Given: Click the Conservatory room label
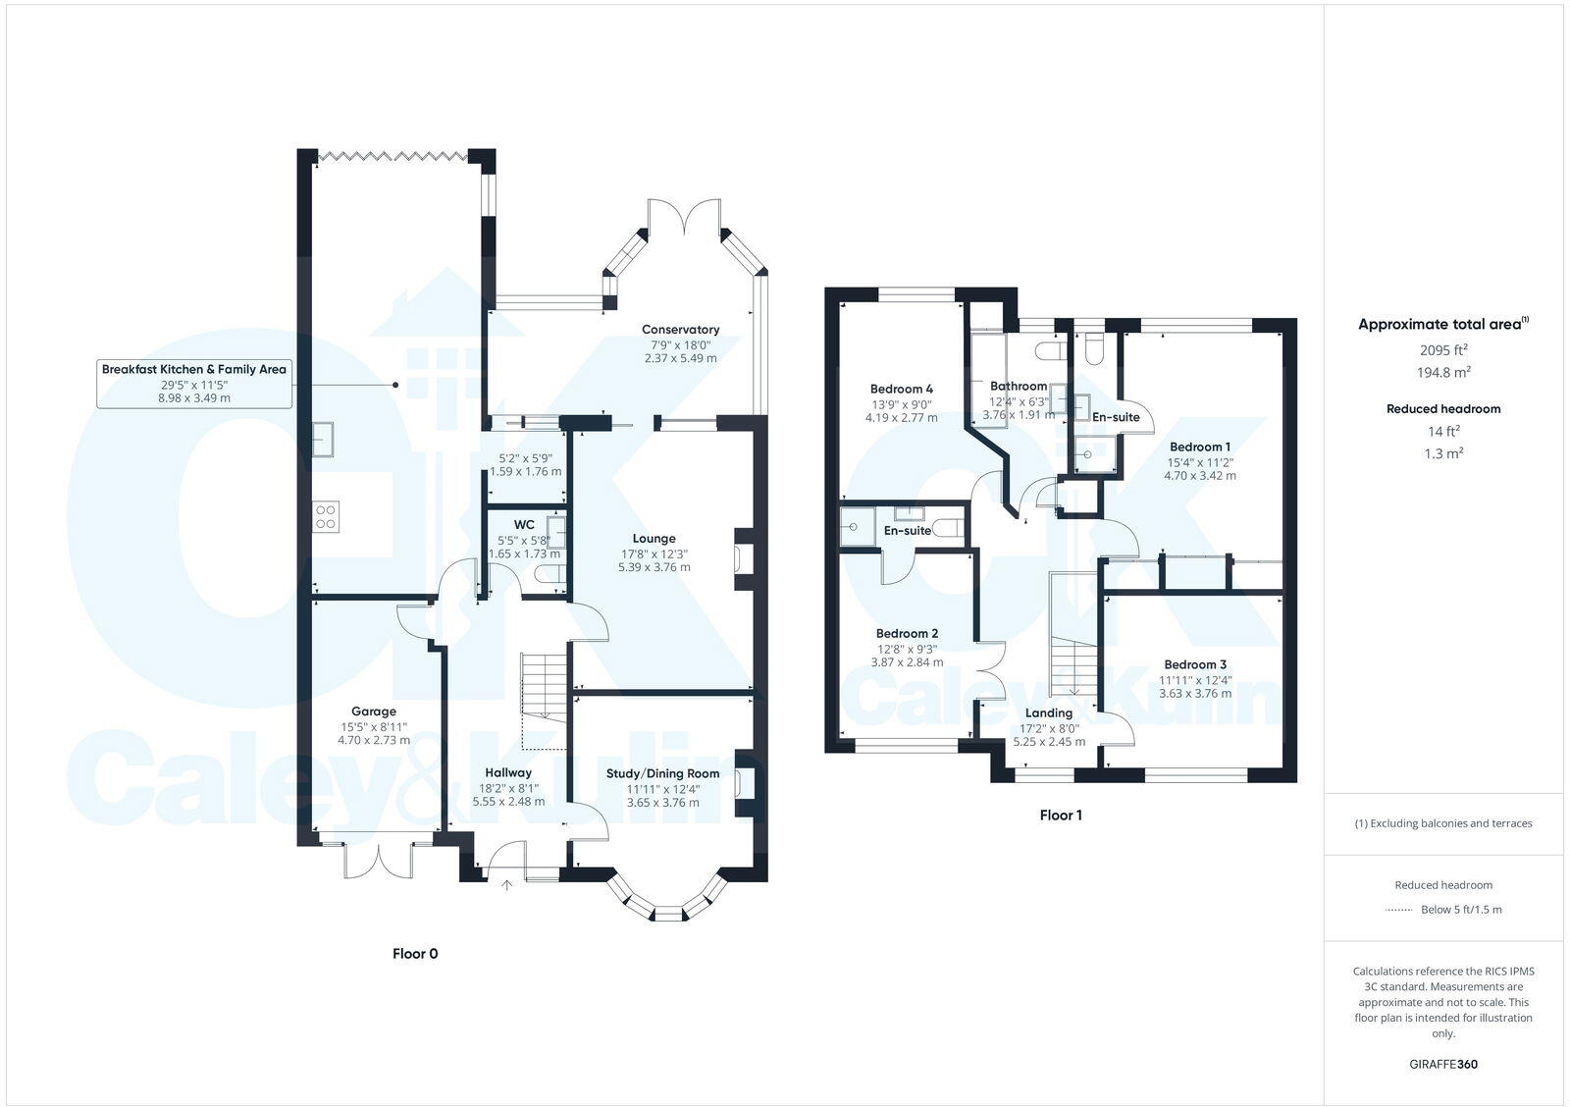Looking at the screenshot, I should click(680, 330).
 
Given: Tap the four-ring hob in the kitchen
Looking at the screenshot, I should click(326, 516).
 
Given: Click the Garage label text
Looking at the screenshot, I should click(374, 712).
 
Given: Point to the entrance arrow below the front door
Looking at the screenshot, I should click(506, 885).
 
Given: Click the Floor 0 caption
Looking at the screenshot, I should click(415, 953).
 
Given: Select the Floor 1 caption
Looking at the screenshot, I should click(1061, 815).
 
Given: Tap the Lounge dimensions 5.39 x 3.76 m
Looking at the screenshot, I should click(654, 567).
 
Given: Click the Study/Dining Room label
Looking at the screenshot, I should click(662, 773).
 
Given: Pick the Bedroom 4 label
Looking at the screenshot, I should click(901, 388).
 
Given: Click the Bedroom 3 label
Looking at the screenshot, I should click(1195, 664).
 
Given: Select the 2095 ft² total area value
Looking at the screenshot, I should click(1442, 349).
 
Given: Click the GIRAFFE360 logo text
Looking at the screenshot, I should click(1442, 1064).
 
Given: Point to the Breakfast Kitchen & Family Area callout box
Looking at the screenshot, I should click(194, 383).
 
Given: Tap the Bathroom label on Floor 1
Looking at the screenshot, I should click(1018, 386).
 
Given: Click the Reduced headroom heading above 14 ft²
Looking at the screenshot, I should click(1442, 408).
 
